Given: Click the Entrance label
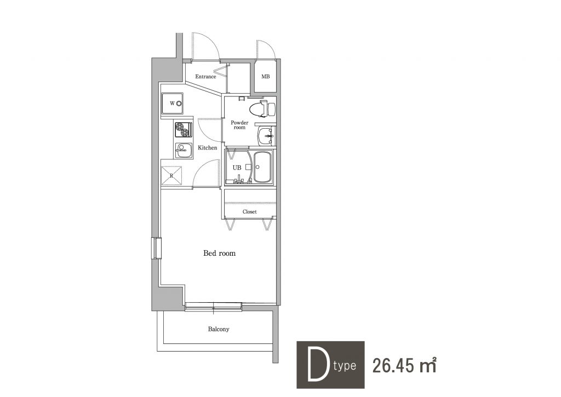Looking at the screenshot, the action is (x=205, y=77).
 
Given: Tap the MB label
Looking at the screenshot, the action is (x=266, y=77).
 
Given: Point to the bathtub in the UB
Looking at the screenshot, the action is (x=262, y=167).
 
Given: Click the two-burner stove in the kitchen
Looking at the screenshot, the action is (x=184, y=129).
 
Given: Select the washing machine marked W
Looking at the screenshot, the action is (x=172, y=103).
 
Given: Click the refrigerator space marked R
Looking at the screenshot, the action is (x=171, y=176).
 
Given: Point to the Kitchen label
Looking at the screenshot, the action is (x=208, y=148).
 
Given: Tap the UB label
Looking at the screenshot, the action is (x=237, y=168).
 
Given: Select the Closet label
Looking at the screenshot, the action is (x=249, y=212).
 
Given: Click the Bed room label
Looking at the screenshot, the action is (x=219, y=253).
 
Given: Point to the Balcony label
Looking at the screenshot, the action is (x=219, y=329).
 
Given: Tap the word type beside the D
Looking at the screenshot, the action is (x=345, y=366).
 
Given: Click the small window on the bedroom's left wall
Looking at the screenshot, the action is (x=156, y=248).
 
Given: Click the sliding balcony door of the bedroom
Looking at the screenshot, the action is (x=213, y=306).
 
